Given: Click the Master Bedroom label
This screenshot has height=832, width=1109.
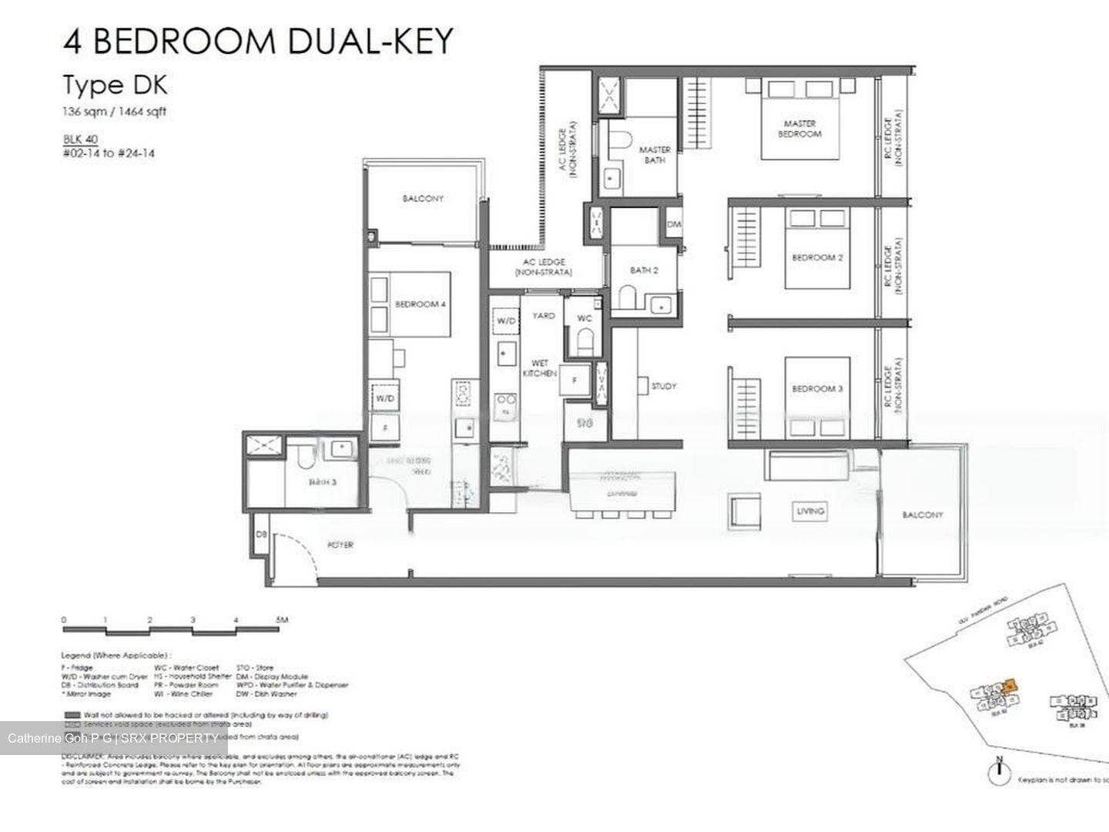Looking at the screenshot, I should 799,129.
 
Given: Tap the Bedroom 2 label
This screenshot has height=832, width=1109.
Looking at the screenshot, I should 817,257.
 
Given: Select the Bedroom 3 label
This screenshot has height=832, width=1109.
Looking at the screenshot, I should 817,389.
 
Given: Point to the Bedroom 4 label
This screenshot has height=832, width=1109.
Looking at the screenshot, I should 420,304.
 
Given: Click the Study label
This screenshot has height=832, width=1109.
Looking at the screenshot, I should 664,386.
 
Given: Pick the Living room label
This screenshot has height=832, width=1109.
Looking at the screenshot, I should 810,511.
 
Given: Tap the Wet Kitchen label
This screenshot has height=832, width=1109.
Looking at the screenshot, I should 539,367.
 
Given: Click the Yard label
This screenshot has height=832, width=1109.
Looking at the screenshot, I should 544,316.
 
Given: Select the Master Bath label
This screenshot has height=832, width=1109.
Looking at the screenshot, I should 655,155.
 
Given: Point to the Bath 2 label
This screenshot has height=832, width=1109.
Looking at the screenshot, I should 644,270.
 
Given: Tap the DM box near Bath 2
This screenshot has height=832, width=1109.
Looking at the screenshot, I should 674,225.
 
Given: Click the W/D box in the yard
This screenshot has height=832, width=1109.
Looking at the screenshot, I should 506,320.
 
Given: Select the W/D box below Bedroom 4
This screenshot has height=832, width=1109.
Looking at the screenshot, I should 385,399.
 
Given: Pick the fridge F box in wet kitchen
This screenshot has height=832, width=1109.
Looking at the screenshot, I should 575,379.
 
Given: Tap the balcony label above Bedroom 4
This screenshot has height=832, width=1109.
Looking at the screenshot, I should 423,199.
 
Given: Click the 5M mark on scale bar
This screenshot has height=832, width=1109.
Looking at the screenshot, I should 282,619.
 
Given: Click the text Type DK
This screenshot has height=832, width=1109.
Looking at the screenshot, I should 115,85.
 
